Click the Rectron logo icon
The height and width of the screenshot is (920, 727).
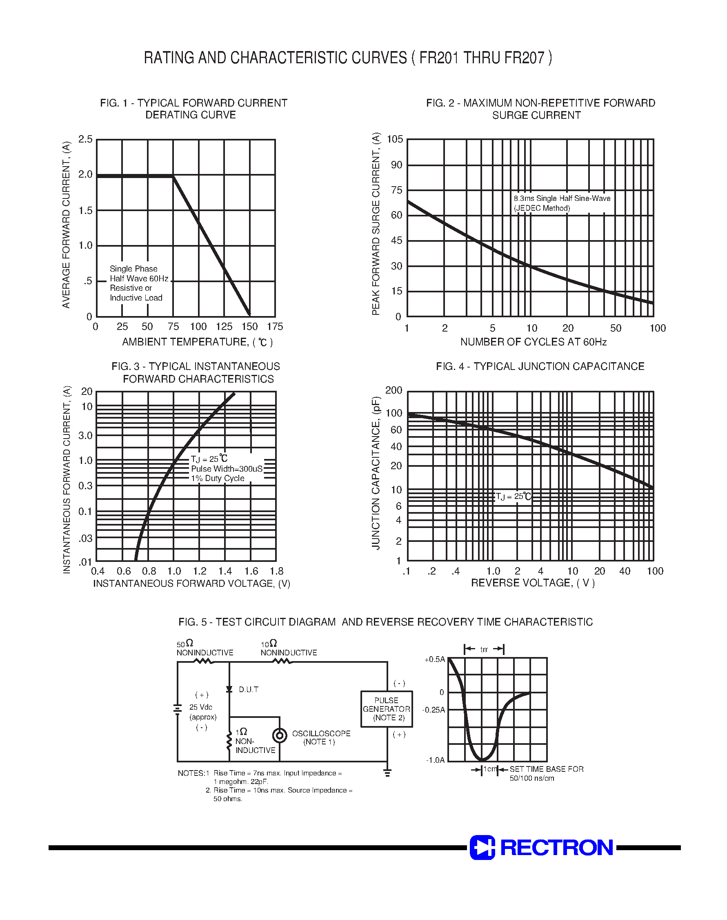click(482, 847)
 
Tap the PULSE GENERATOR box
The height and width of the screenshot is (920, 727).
click(387, 709)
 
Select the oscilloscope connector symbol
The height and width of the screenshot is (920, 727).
click(279, 735)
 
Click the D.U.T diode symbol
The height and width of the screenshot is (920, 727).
click(229, 689)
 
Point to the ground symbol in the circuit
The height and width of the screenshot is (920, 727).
click(387, 773)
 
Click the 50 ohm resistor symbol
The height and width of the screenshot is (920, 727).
click(203, 661)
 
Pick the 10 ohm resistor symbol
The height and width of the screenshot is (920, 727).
click(282, 661)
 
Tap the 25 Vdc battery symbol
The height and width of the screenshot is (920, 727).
click(178, 709)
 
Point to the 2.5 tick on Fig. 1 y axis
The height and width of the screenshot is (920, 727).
click(85, 139)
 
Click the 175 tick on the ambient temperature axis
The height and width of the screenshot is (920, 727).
click(275, 327)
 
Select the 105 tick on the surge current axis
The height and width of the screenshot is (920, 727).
click(395, 139)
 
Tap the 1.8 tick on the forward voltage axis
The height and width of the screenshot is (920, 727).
click(276, 571)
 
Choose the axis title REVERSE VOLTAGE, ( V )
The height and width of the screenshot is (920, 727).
click(532, 583)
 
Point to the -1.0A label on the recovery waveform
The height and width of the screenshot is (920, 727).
click(436, 760)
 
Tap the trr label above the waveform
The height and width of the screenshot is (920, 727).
click(484, 649)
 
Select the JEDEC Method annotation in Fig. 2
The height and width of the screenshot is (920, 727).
click(542, 208)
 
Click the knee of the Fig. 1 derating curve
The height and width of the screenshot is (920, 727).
click(173, 176)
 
